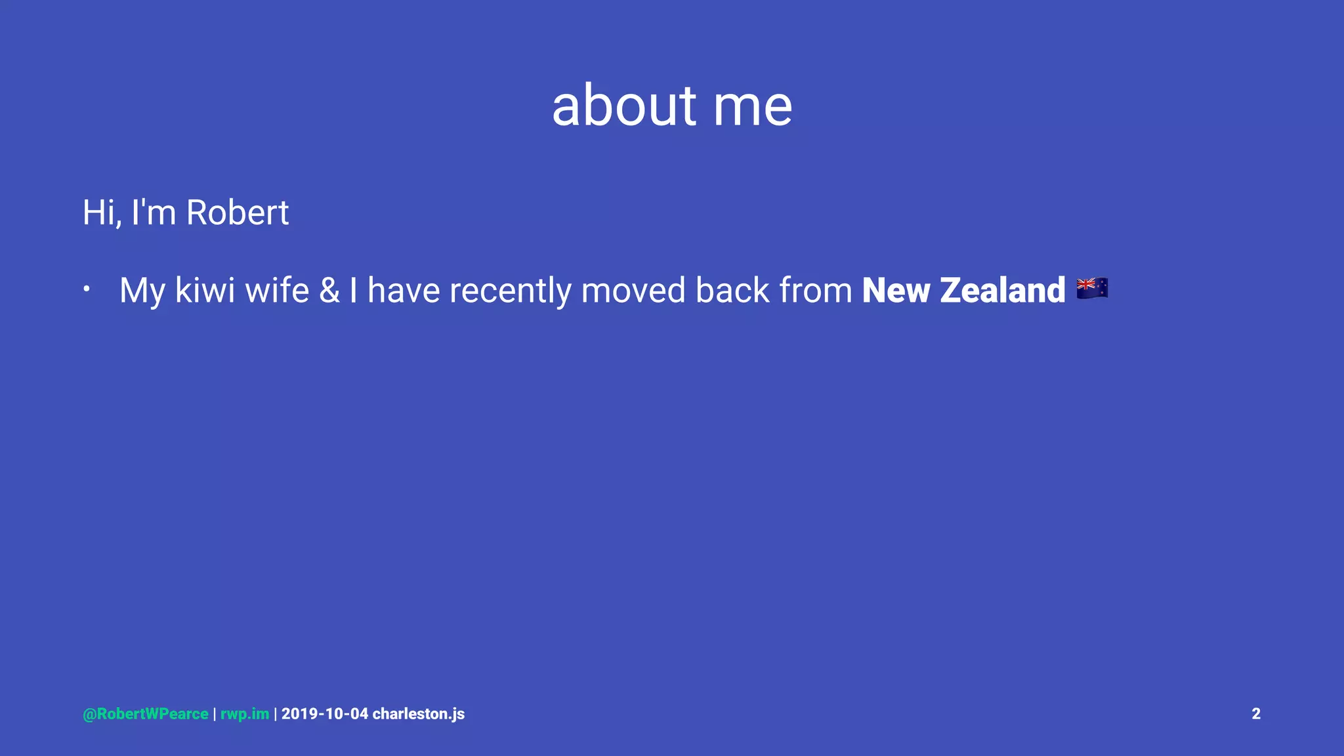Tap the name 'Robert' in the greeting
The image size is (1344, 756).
pos(237,213)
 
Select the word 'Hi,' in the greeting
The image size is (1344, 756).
pos(102,213)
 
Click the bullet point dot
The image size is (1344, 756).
pos(86,289)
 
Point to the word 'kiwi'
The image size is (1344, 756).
pos(205,290)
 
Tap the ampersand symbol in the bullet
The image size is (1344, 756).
pos(329,290)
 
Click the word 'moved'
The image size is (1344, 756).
pos(633,290)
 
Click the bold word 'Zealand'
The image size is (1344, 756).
pos(1002,290)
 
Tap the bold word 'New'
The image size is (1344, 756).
pos(895,290)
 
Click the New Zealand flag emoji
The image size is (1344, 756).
pos(1092,287)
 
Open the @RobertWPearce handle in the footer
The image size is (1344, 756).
pos(146,714)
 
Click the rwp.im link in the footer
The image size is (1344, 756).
pos(245,714)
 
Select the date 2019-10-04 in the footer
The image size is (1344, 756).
pos(325,714)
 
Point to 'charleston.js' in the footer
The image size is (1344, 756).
pos(418,714)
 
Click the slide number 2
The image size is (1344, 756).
pos(1255,714)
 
